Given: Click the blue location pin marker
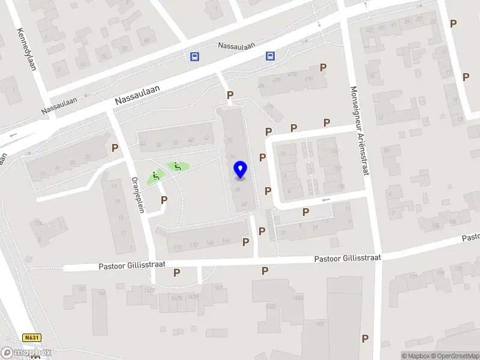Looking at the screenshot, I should (x=240, y=170).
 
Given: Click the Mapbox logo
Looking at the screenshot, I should (x=26, y=353).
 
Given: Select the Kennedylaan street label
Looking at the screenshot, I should (x=27, y=49).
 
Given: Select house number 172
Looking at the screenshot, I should (x=177, y=247).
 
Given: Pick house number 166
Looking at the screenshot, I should (x=226, y=241).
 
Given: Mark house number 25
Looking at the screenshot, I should (x=88, y=157).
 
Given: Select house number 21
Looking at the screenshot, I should (x=58, y=167).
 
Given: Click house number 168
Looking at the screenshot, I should (x=209, y=242).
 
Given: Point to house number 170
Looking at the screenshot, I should (x=193, y=245).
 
